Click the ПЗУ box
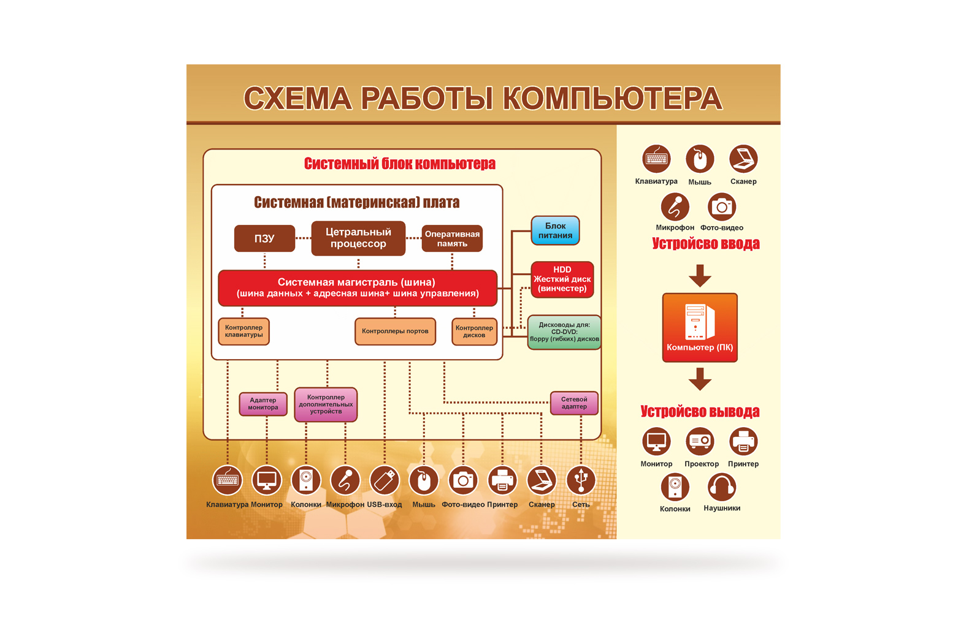coord(264,238)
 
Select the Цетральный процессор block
coord(358,238)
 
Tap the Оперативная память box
coord(452,238)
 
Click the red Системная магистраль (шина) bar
coord(357,287)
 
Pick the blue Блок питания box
coord(555,230)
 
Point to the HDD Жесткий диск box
coord(562,279)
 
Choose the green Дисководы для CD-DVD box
coord(564,332)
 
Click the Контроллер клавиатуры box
coord(243,331)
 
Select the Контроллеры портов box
coord(395,331)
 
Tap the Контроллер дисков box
coord(474,331)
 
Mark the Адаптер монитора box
coord(263,404)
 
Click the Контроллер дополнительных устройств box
coord(326,404)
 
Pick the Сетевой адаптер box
coord(574,403)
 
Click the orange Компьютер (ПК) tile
coord(700,327)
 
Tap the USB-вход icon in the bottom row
coord(385,480)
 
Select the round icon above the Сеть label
coord(581,480)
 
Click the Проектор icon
coord(700,441)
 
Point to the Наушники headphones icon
coord(722,488)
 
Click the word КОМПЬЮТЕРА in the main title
coord(613,99)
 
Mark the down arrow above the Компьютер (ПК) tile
coord(700,276)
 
